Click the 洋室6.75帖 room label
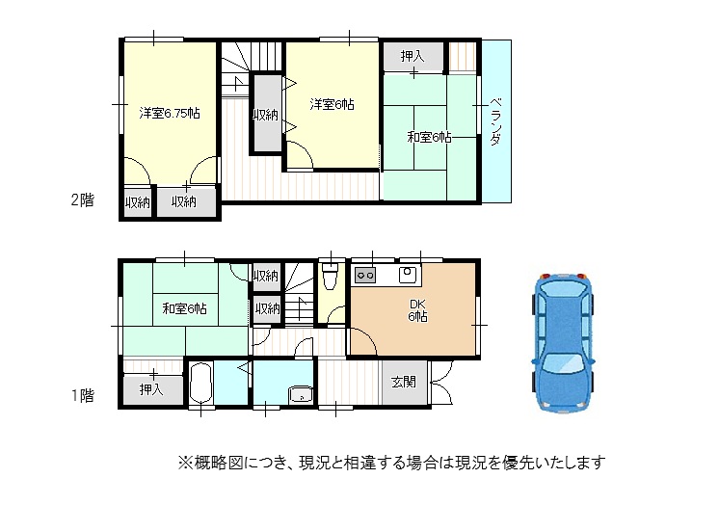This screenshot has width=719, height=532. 170,113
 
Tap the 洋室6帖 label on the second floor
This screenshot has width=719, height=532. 332,104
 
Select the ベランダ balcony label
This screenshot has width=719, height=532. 495,121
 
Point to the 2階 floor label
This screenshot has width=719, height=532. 83,199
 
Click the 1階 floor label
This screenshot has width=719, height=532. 83,395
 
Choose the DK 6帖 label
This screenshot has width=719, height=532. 417,310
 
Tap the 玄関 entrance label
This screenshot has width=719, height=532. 404,382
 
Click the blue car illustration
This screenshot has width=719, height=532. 563,343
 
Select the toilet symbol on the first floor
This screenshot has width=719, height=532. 330,277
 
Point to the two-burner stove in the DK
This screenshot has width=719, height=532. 365,276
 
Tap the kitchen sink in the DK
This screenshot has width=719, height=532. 408,275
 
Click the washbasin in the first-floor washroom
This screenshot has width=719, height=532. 301,395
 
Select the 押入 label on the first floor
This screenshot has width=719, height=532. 151,389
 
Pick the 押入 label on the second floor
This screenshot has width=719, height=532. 413,56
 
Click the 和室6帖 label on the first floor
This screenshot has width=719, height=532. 184,308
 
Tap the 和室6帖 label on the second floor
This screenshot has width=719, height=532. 429,137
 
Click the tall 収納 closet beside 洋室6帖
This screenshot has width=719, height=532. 266,114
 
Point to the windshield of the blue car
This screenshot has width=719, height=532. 563,364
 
